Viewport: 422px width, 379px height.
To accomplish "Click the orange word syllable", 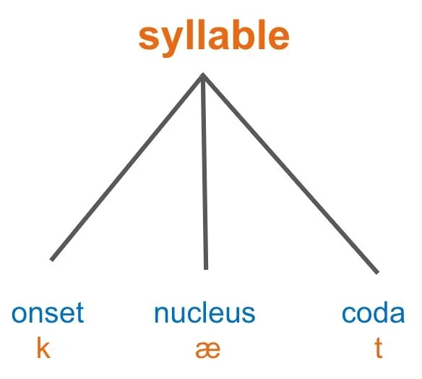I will [x=214, y=36].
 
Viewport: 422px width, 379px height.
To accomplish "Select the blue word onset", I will [x=47, y=314].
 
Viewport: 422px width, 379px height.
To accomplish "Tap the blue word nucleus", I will [x=204, y=314].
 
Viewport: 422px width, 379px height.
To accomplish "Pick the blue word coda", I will [x=373, y=314].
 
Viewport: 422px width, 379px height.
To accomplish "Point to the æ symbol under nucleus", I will [x=207, y=349].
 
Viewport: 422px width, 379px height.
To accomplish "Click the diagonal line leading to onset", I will [x=126, y=167].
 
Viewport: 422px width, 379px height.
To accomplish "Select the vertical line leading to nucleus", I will [x=204, y=174].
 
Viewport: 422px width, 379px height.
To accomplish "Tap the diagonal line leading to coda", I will [x=289, y=174].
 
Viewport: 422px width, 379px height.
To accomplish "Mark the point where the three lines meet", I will [x=203, y=74].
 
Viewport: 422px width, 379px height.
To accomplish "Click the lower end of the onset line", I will [x=51, y=259].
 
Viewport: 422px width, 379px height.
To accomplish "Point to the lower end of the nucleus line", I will [x=206, y=268].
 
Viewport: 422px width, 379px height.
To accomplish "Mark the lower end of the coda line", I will [x=376, y=272].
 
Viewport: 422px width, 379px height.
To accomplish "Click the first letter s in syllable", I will [x=148, y=38].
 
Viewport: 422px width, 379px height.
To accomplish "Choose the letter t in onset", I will [x=79, y=314].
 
